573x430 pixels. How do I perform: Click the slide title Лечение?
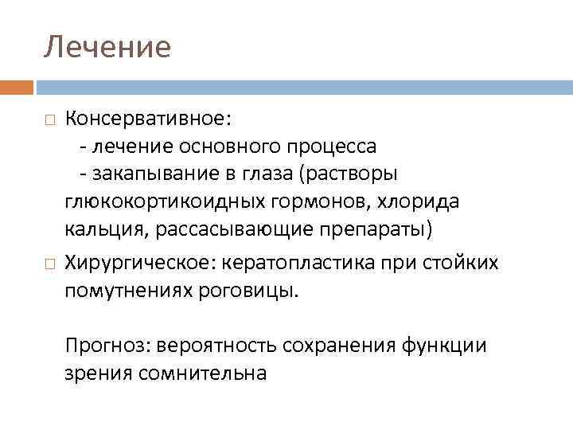(x=107, y=47)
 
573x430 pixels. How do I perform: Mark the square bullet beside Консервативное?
(x=50, y=119)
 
